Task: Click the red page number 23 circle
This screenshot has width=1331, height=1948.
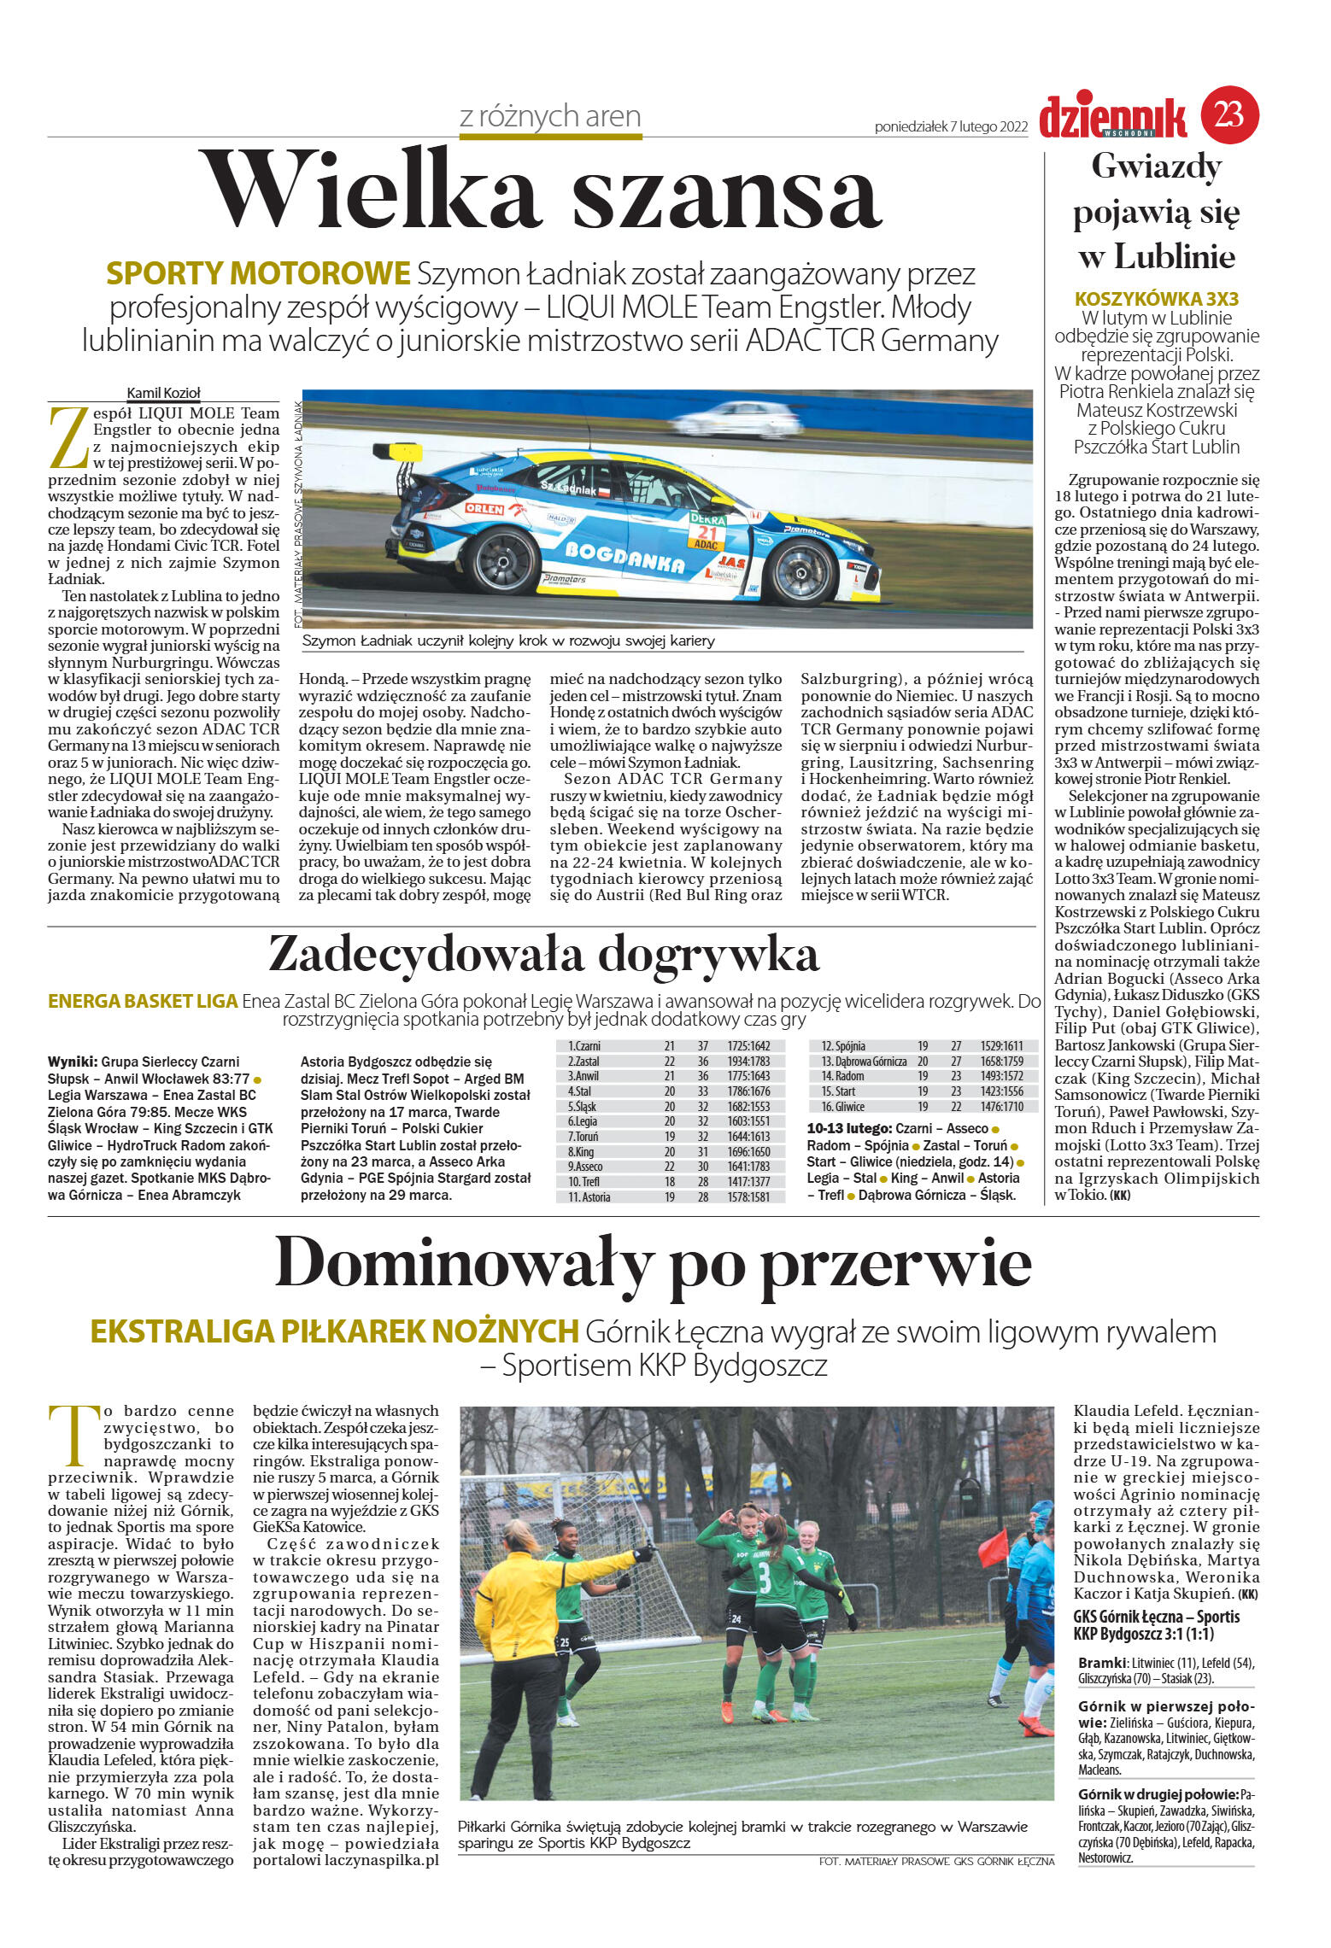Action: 1230,114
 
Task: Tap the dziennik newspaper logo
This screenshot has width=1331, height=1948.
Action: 1112,117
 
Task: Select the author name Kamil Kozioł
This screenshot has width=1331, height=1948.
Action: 163,393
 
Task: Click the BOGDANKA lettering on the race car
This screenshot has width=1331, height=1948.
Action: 624,558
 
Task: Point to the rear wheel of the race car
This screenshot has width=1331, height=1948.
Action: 505,560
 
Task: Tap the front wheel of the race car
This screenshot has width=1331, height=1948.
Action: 801,570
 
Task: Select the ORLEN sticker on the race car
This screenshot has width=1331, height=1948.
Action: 485,508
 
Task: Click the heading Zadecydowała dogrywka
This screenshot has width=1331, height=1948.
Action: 543,955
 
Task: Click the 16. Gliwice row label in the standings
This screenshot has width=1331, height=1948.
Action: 842,1106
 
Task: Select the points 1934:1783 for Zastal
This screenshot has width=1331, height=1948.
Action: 748,1061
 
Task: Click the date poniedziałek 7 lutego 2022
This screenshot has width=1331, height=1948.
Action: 950,127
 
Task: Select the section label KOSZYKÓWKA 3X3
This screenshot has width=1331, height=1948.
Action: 1156,299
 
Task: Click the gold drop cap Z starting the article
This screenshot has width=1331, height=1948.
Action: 68,437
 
